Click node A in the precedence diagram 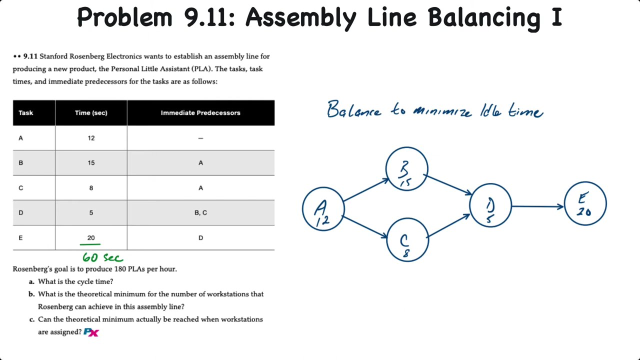point(323,209)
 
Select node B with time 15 point(406,169)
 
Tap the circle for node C point(407,240)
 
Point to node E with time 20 point(585,203)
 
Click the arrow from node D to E point(537,206)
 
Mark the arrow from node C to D point(448,225)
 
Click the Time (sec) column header point(91,113)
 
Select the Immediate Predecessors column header point(200,113)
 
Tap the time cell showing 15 point(91,163)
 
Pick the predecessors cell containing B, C point(200,213)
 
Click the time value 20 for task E point(91,238)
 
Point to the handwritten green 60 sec point(102,257)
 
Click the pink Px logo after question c point(91,332)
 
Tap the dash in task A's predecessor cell point(200,138)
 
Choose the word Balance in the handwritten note point(353,110)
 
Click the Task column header point(26,113)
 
